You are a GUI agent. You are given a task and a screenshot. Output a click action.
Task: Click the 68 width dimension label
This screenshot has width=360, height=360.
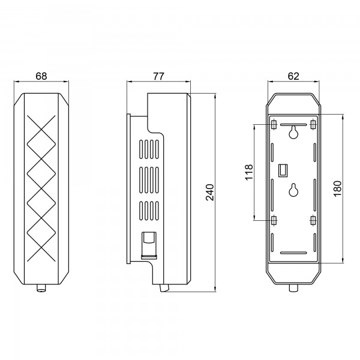tap(41, 76)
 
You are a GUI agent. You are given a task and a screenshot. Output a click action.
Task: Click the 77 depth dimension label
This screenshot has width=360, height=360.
tap(158, 76)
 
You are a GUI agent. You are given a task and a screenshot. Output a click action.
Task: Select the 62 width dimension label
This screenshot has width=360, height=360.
tap(293, 76)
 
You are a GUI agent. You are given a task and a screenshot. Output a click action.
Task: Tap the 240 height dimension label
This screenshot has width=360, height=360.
tap(210, 193)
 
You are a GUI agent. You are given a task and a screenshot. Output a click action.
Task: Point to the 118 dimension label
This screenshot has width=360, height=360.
tap(249, 172)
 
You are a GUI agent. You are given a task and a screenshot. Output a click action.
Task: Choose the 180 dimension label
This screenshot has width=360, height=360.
tap(338, 188)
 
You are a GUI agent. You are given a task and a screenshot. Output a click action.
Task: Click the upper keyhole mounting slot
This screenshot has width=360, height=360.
tap(293, 132)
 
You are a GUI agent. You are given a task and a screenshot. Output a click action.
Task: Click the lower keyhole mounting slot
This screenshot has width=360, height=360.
tap(293, 190)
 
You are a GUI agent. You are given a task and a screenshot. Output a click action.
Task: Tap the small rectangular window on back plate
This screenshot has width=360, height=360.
tap(283, 170)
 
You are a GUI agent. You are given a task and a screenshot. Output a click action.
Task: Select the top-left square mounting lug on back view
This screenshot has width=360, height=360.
tap(274, 125)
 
